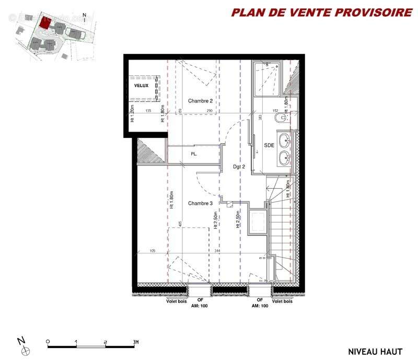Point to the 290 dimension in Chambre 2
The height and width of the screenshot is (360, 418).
coord(210,111)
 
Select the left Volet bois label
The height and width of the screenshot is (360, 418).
coord(172,301)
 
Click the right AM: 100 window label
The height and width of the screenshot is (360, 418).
coord(260,306)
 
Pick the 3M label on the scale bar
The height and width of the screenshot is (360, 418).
coord(135,342)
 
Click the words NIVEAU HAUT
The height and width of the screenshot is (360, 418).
coord(375,351)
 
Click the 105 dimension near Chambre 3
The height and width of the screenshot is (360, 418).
coord(153,252)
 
